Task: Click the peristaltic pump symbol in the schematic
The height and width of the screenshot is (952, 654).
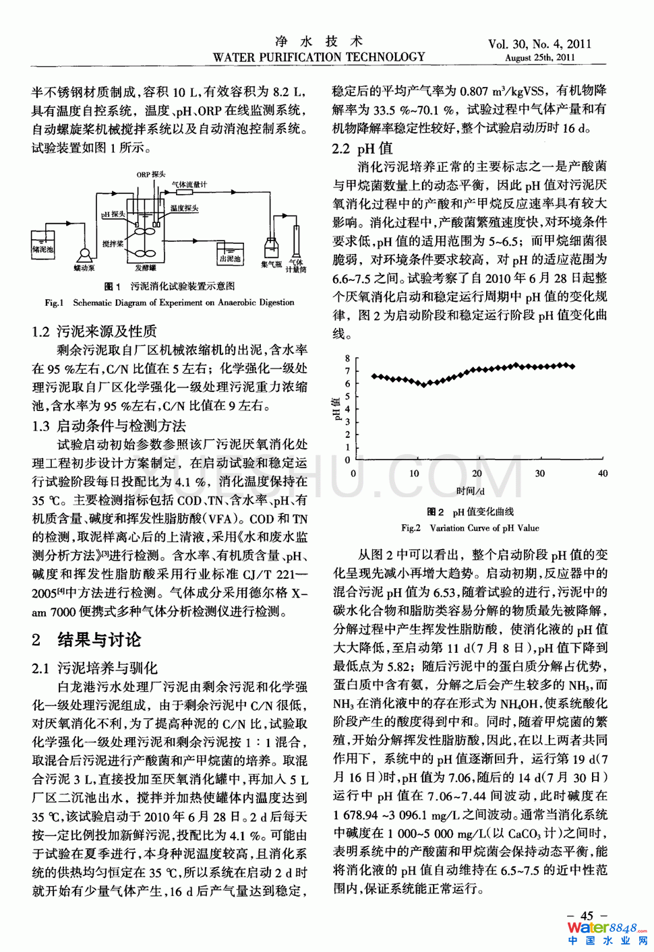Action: (86, 255)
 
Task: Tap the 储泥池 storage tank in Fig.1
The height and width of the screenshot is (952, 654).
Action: (42, 245)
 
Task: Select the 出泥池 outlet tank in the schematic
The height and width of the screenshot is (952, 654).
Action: (230, 255)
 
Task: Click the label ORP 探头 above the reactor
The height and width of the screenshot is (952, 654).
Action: (151, 174)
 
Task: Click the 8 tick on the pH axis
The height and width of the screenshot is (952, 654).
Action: (348, 358)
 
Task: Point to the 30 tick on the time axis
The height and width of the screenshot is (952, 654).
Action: (539, 474)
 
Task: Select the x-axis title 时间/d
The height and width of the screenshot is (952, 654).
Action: (470, 491)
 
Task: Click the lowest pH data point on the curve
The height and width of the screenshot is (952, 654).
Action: (424, 385)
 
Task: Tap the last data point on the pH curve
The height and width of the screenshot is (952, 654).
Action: (572, 367)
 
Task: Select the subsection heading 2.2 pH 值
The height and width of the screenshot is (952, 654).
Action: (362, 148)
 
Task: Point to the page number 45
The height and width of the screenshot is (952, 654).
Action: (587, 916)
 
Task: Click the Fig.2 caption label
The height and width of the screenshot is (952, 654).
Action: (411, 528)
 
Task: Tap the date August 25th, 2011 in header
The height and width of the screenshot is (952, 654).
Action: (539, 57)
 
